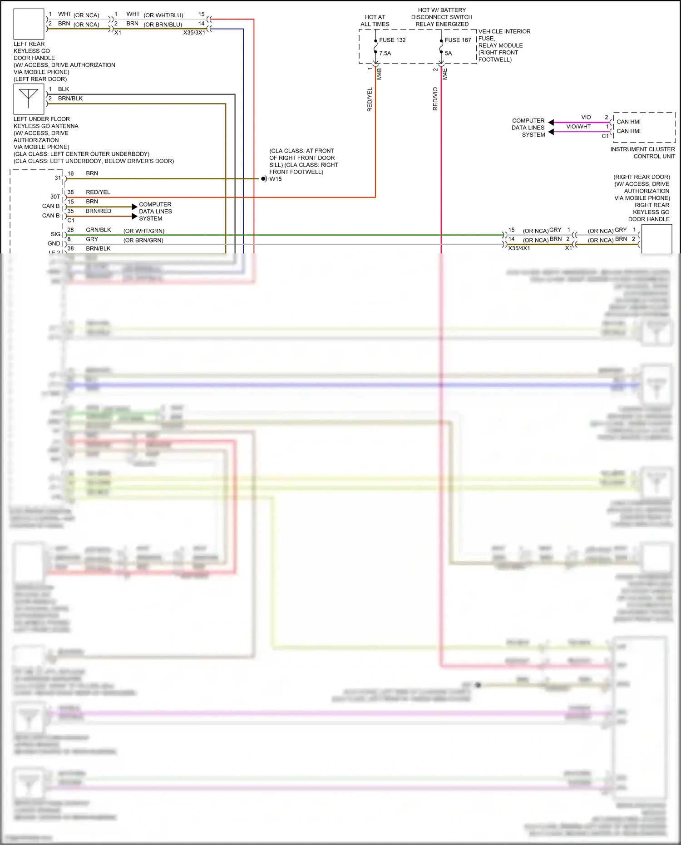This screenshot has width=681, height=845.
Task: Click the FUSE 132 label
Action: (x=392, y=40)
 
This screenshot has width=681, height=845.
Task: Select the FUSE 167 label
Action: (x=458, y=40)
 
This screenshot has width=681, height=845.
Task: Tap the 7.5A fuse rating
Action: (x=385, y=53)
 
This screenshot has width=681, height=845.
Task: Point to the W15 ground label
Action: (x=276, y=179)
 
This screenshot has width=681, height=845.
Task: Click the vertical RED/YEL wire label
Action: (x=370, y=99)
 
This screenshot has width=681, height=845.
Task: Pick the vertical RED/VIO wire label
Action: (x=435, y=99)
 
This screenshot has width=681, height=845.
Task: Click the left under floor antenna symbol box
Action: (x=29, y=99)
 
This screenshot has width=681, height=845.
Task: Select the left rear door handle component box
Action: (x=29, y=24)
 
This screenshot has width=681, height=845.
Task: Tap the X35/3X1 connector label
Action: (x=194, y=33)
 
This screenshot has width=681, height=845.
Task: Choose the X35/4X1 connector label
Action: (x=519, y=248)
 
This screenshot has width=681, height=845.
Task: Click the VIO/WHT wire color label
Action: (x=578, y=127)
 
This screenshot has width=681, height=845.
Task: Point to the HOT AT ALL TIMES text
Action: (x=375, y=20)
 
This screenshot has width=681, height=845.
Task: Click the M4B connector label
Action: (x=380, y=74)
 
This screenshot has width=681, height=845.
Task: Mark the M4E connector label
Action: (x=445, y=74)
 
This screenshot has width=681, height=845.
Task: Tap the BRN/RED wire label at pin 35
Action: (x=98, y=211)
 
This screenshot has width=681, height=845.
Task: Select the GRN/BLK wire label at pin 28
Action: (x=99, y=230)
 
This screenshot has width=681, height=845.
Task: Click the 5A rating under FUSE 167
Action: (x=448, y=53)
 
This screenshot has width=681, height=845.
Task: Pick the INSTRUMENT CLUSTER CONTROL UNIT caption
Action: (x=642, y=153)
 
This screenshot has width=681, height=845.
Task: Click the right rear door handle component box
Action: (x=656, y=239)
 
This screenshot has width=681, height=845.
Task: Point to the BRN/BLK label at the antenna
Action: (x=70, y=99)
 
